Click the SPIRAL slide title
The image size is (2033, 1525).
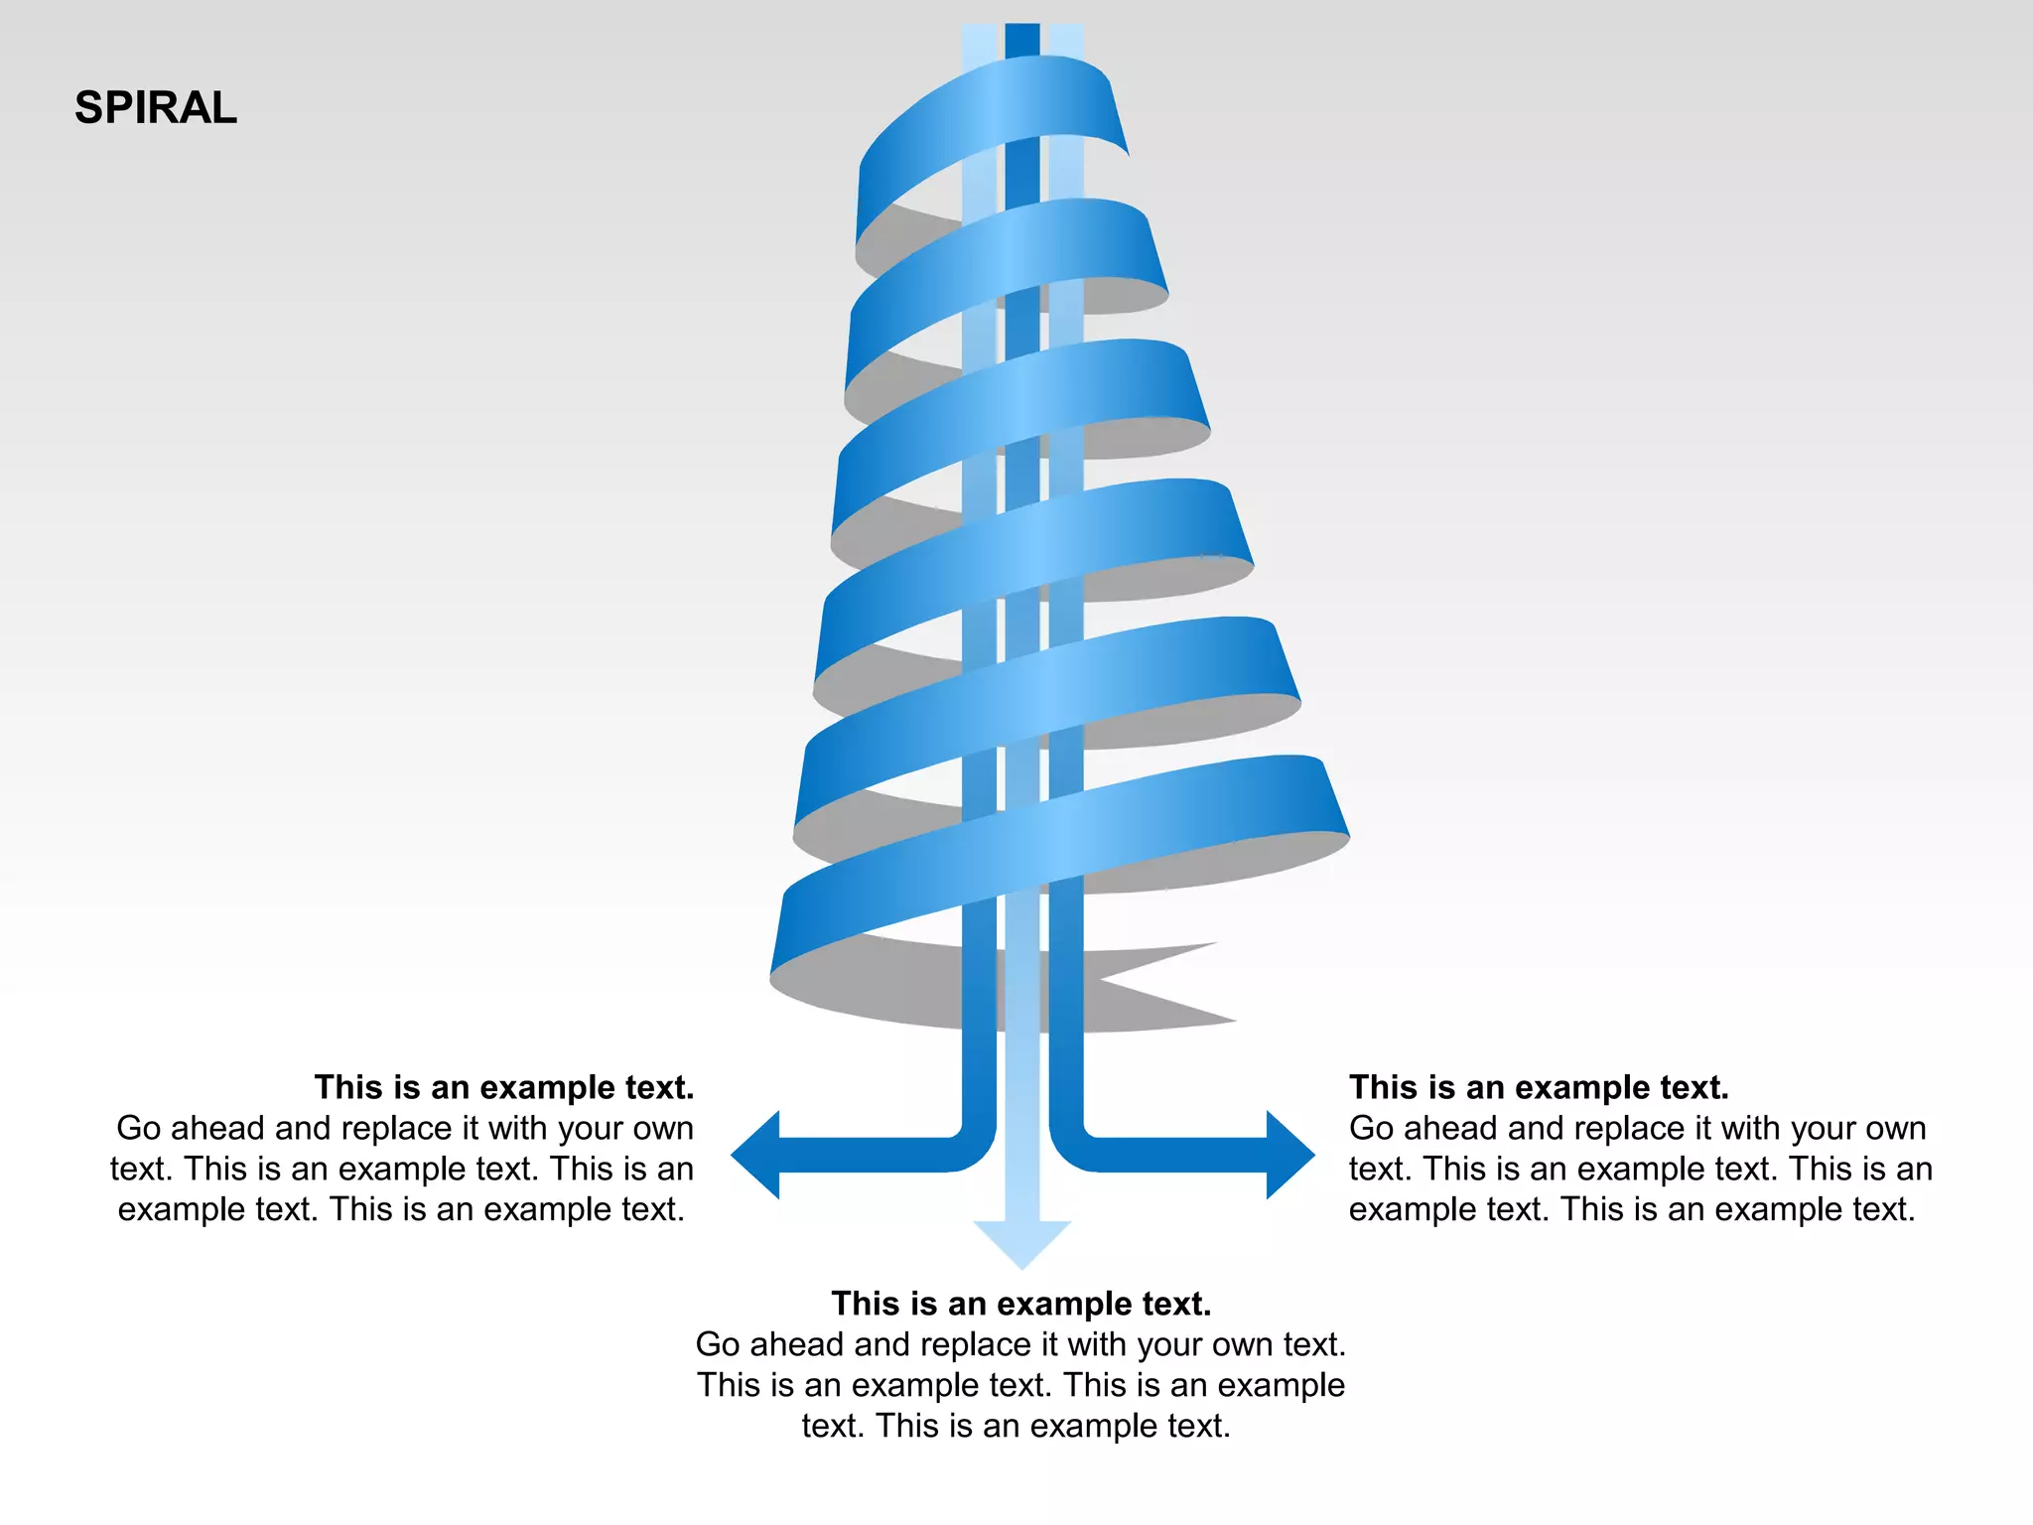(x=156, y=107)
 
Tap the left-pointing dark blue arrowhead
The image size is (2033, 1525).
(x=757, y=1155)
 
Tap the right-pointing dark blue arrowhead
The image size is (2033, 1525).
(x=1289, y=1155)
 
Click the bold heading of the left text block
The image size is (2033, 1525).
(x=504, y=1087)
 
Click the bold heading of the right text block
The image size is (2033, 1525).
(x=1539, y=1087)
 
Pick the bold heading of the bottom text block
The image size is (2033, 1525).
(x=1021, y=1304)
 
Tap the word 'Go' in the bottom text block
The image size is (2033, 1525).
(x=718, y=1344)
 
